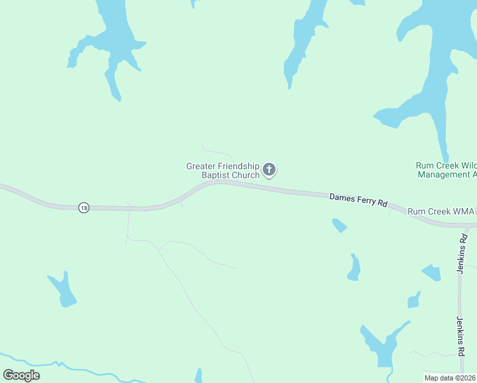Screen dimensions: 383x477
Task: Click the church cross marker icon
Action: tap(269, 169)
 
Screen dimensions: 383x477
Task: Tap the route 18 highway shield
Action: tap(84, 207)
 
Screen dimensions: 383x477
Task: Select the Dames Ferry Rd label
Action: tap(358, 200)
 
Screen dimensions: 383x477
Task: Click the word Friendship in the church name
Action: tap(237, 166)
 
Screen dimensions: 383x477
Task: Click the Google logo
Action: tap(22, 375)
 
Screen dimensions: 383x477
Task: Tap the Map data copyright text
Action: tap(450, 378)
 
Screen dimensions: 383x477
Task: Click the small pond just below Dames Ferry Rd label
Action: tap(339, 225)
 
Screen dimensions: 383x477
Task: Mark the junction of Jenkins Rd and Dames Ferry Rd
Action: tap(468, 227)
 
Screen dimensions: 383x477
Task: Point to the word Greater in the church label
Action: tap(198, 166)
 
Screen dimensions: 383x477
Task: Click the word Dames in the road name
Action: tap(341, 197)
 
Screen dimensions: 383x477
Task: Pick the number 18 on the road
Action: tap(84, 207)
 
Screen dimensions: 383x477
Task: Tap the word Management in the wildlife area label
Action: tap(446, 174)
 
